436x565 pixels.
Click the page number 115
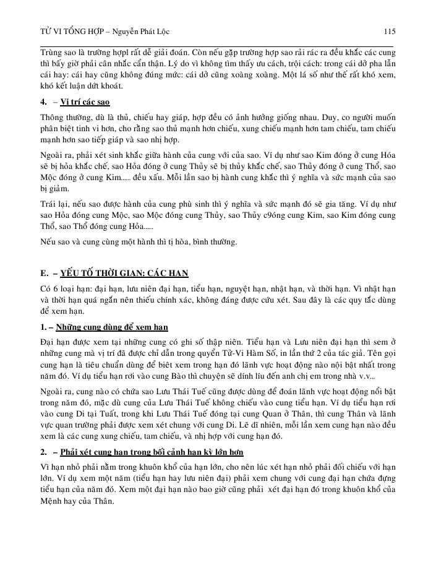389,32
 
